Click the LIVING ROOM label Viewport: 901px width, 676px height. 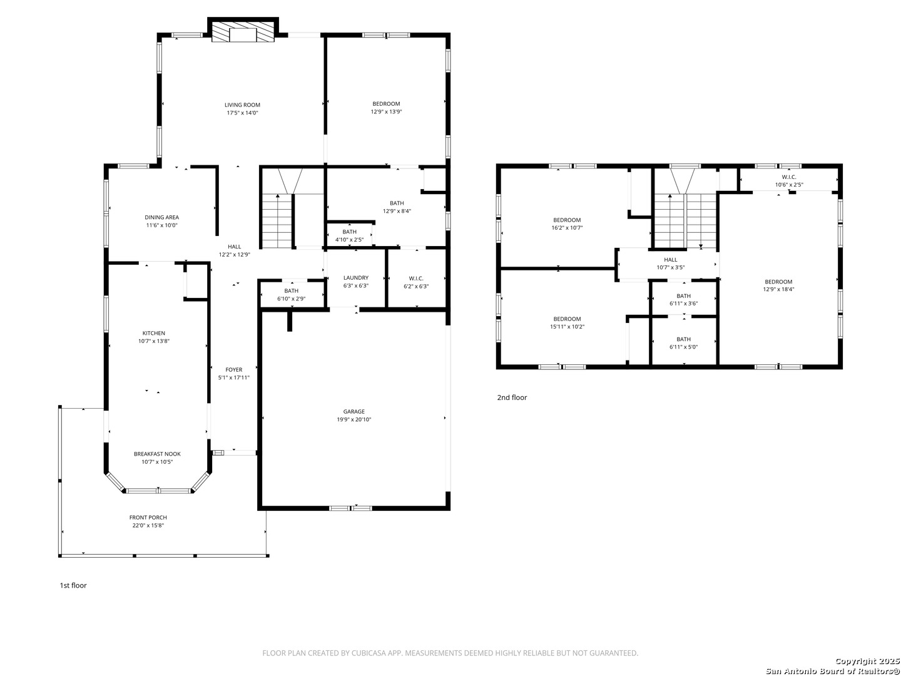coord(242,105)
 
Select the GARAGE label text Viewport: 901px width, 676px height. coord(354,412)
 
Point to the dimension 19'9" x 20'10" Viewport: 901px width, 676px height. coord(354,420)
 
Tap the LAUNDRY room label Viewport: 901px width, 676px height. coord(355,278)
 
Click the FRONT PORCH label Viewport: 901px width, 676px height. coord(148,518)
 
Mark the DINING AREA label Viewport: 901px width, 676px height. coord(161,218)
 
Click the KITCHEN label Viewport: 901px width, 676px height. coord(154,334)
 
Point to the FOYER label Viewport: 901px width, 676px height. coord(234,370)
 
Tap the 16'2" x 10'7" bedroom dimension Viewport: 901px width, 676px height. coord(567,228)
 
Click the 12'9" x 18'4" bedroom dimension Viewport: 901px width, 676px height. coord(778,290)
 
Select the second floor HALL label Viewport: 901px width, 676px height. coord(670,260)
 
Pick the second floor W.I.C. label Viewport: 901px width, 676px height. coord(788,177)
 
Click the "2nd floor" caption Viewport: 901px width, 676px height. coord(512,397)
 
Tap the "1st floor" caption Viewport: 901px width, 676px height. coord(73,586)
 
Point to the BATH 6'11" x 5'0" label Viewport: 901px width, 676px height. coord(683,339)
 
